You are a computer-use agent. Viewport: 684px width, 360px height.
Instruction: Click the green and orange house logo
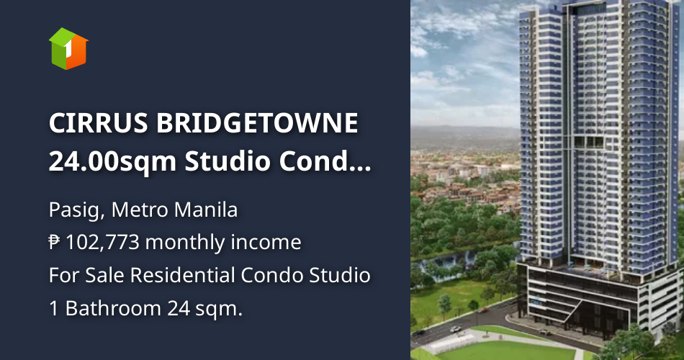(68, 48)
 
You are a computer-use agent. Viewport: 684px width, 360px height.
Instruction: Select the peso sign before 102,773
(55, 243)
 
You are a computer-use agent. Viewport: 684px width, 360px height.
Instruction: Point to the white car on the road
(456, 328)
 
